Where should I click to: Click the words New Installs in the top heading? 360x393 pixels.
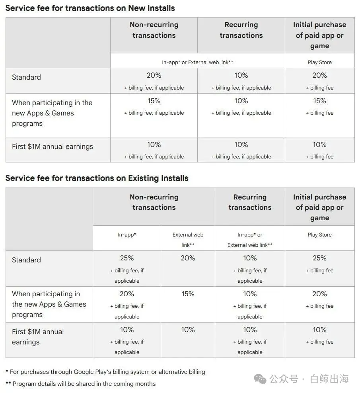(x=152, y=8)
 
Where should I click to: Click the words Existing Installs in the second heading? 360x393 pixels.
(x=158, y=178)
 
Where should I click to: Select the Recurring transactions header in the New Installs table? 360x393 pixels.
(x=241, y=30)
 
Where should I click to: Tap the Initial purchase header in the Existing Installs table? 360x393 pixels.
(x=319, y=207)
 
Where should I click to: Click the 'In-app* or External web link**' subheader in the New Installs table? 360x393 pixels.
(x=198, y=63)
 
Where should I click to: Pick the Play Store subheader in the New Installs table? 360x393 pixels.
(x=319, y=63)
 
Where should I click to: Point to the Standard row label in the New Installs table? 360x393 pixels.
(x=26, y=77)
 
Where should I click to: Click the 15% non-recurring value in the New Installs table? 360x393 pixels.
(x=154, y=101)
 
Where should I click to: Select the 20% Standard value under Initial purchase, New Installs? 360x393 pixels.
(x=319, y=75)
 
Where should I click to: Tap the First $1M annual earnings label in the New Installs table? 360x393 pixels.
(x=53, y=147)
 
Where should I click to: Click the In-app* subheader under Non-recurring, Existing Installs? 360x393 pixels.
(x=126, y=235)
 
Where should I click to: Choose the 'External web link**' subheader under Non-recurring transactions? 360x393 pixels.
(x=188, y=240)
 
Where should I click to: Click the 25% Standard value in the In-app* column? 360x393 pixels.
(x=126, y=258)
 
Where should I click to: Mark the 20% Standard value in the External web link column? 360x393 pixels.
(x=188, y=258)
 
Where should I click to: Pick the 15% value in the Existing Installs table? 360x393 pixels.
(x=188, y=294)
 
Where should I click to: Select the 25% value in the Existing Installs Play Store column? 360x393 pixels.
(x=319, y=258)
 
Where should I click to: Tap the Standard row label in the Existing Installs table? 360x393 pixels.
(x=26, y=260)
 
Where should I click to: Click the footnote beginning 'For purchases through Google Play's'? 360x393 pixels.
(x=105, y=372)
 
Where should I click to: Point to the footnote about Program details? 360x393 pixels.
(x=80, y=384)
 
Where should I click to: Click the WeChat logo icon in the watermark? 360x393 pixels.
(x=260, y=379)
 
